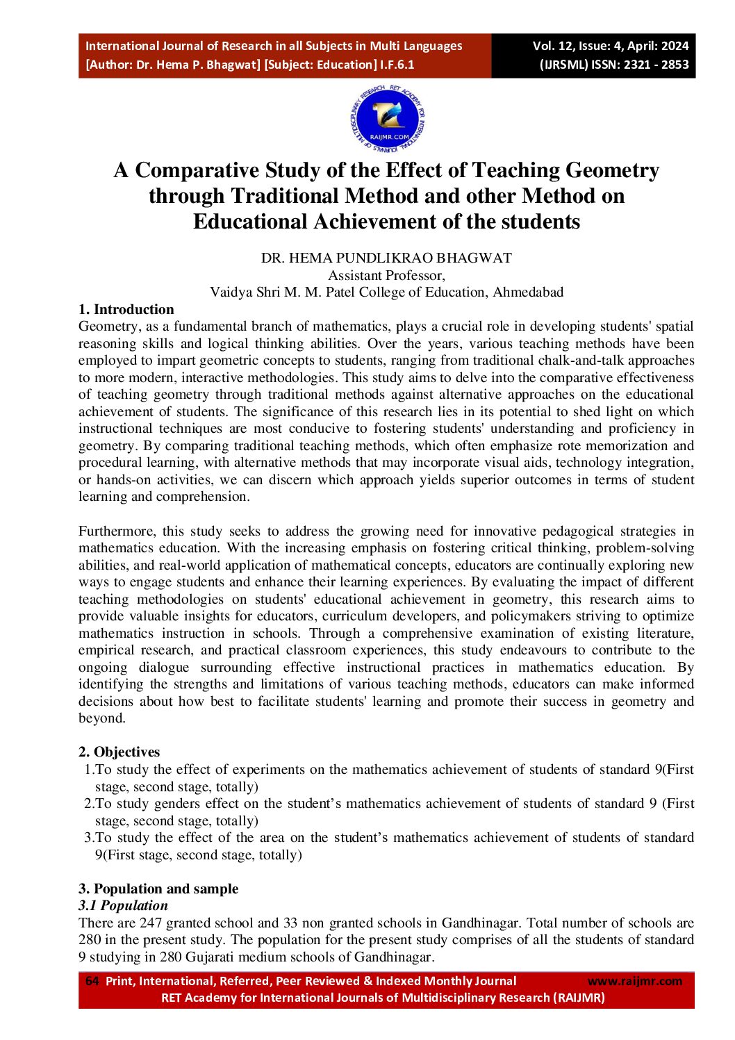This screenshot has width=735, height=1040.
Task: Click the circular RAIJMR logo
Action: tap(387, 119)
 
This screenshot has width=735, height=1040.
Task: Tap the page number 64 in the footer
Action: tap(92, 981)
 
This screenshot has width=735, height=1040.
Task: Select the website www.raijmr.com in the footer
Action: tap(634, 981)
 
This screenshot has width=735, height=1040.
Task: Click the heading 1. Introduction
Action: tap(126, 309)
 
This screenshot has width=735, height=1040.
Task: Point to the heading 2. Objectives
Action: tap(119, 752)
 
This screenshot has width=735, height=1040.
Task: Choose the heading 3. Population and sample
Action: tap(158, 889)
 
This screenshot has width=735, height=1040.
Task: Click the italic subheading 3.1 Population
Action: tap(123, 905)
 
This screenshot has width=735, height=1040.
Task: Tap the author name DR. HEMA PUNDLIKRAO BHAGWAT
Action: tap(386, 258)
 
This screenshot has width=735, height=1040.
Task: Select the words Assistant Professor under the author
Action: tap(386, 275)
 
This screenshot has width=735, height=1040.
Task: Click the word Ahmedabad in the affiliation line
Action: tap(528, 292)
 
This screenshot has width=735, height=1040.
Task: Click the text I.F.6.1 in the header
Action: tap(397, 65)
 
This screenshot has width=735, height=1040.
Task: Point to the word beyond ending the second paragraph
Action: tap(101, 718)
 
